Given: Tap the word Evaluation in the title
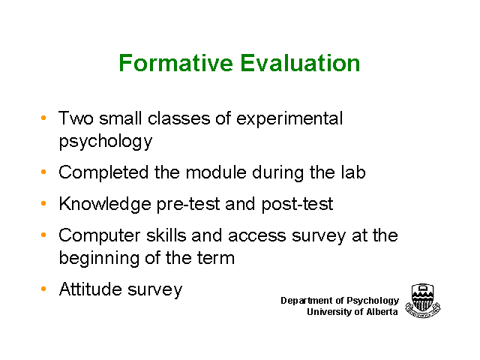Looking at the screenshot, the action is click(300, 63).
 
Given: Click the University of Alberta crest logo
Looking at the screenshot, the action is click(423, 301).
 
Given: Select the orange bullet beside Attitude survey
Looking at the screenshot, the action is click(43, 289).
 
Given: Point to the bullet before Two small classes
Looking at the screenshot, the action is click(43, 118).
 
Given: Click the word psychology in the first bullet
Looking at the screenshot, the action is click(106, 142).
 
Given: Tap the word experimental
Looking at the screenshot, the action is click(289, 118).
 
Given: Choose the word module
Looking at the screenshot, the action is click(216, 172).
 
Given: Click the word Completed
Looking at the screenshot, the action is click(103, 173).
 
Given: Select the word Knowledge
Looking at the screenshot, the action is click(105, 204).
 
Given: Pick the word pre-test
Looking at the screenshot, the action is click(188, 205).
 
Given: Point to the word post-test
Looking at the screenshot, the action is click(297, 205).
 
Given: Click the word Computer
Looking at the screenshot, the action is click(100, 236).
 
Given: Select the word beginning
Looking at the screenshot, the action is click(99, 258).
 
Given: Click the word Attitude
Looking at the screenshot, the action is click(91, 289).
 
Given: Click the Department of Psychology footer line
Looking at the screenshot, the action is click(340, 301).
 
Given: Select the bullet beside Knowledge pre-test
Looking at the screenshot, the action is click(43, 203).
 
